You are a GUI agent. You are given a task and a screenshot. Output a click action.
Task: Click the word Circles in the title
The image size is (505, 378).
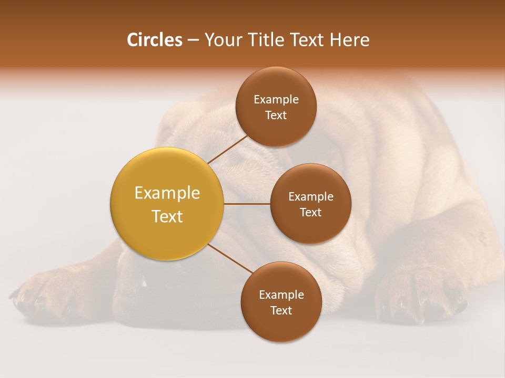coord(155,40)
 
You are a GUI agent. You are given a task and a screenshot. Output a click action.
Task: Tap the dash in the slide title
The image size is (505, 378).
coord(192,40)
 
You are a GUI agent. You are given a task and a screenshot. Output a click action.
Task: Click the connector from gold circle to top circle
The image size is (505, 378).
coord(227,149)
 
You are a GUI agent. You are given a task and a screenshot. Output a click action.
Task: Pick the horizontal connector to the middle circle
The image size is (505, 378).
coord(247,204)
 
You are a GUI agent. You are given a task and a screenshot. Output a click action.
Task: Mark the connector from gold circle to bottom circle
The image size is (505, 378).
coord(230,259)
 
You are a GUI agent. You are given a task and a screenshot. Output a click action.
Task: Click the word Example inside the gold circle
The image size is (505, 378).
coord(167,193)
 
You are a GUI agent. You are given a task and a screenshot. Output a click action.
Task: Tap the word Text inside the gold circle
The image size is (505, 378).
coord(167,216)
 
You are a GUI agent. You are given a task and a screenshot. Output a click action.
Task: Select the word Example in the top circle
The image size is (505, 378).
coord(276,100)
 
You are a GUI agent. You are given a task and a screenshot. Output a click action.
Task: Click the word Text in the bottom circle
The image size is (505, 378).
coord(281,311)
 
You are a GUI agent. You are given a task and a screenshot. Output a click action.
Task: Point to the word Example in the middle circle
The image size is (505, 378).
coord(310,197)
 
